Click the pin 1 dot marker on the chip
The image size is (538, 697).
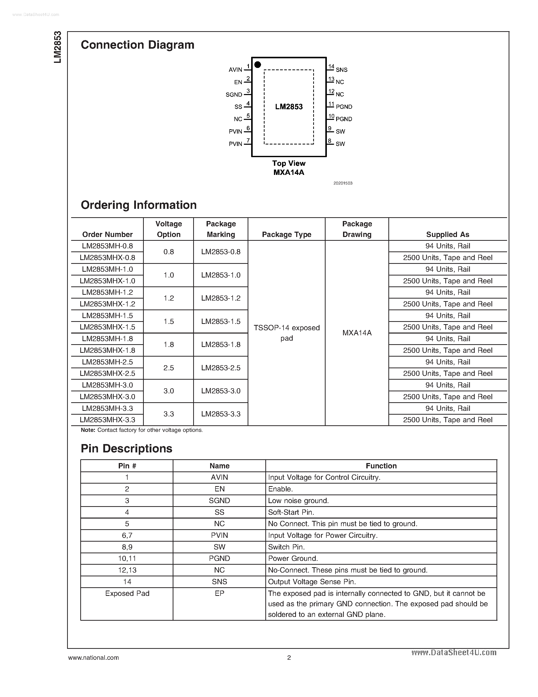click(258, 65)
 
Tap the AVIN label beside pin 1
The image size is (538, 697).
click(235, 69)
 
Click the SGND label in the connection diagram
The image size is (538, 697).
click(234, 95)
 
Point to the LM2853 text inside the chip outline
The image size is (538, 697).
click(289, 107)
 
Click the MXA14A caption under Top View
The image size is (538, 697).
click(289, 172)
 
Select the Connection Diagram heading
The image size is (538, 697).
click(137, 45)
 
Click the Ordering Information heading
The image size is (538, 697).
click(139, 205)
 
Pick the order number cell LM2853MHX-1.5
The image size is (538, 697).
click(107, 327)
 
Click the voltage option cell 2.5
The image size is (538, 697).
click(169, 368)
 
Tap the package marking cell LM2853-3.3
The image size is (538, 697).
click(221, 414)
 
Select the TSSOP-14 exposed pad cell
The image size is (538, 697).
click(287, 333)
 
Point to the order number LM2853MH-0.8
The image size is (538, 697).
click(107, 246)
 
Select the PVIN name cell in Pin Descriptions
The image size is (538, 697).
click(219, 535)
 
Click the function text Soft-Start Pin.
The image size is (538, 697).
click(291, 512)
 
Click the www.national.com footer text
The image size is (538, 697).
click(93, 657)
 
